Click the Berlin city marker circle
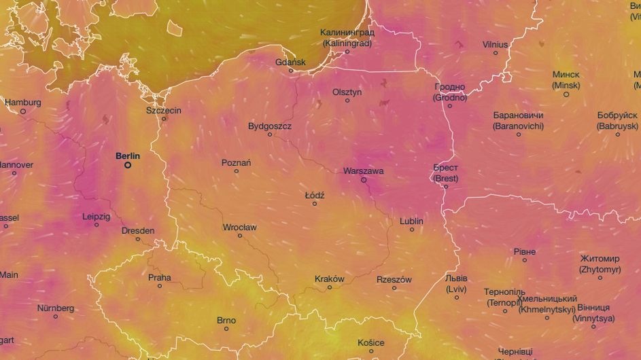tap(127, 164)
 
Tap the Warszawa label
tap(364, 170)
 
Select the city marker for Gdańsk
tap(291, 71)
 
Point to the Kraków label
tap(330, 278)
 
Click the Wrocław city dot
tap(240, 236)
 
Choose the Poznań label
tap(236, 162)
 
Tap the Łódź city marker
tap(315, 204)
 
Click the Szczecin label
tap(163, 110)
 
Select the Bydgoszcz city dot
tap(269, 134)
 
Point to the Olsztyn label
tap(347, 92)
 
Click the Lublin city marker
tap(411, 230)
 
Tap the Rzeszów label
tap(394, 279)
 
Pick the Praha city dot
tap(160, 286)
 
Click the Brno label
tap(226, 320)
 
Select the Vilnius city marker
tap(496, 52)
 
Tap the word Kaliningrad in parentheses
tap(347, 43)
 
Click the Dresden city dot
tap(138, 239)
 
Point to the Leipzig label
tap(96, 216)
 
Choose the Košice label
tap(371, 342)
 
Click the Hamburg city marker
tap(23, 111)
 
